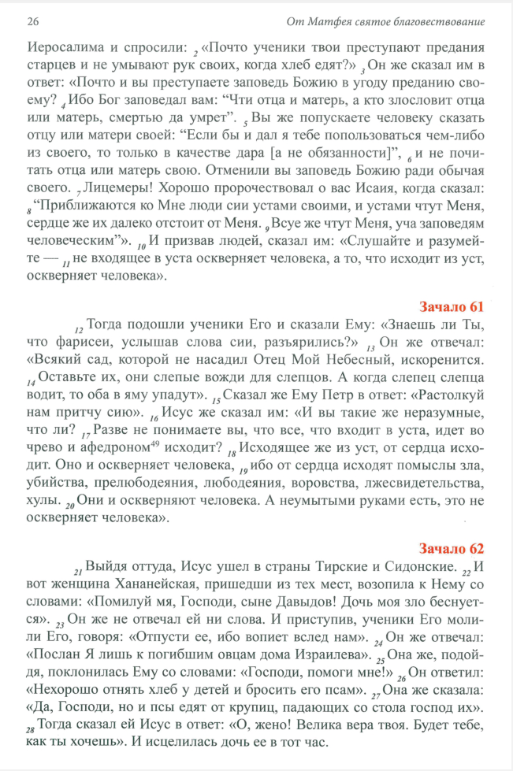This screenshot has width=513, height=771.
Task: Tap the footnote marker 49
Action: tap(153, 445)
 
